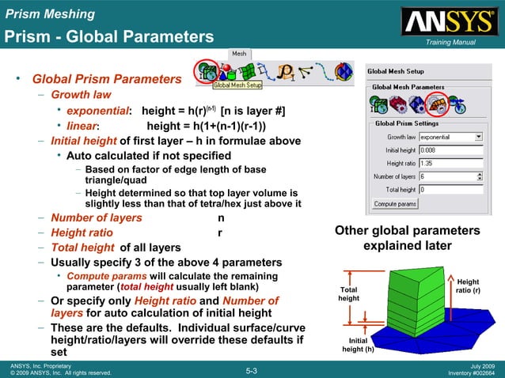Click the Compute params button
tap(396, 203)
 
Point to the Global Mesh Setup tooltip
tap(237, 85)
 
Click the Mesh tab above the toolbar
tap(239, 54)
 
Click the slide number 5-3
tap(252, 369)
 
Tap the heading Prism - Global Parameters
tap(109, 37)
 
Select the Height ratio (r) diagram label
tap(468, 285)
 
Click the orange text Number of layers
tap(97, 217)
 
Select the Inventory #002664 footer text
tap(472, 372)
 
